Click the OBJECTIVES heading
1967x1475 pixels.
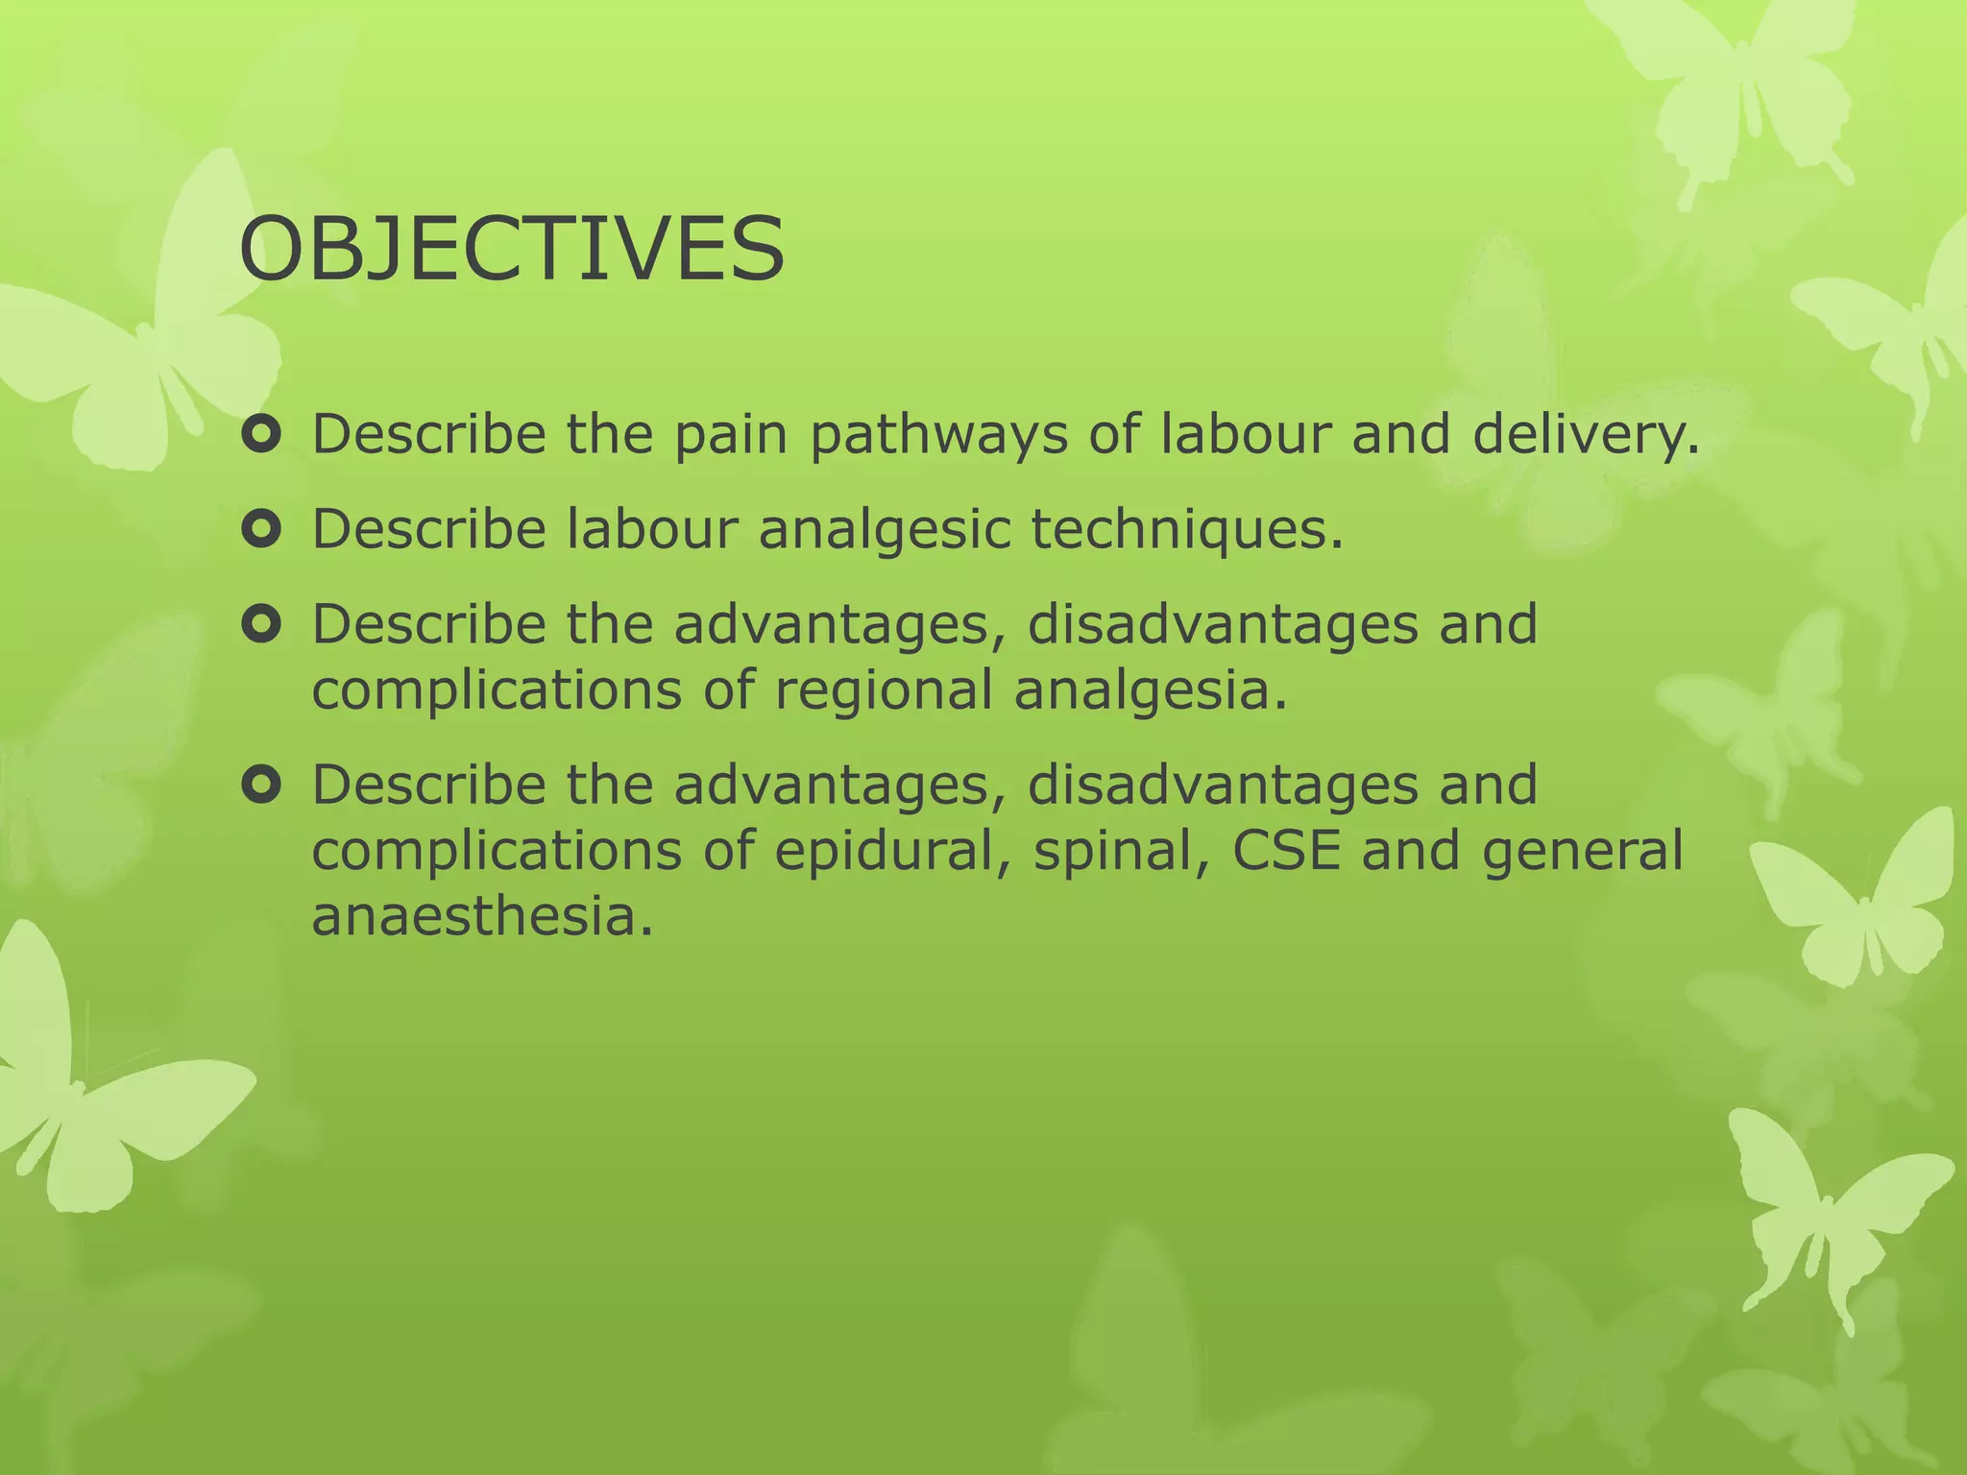point(512,251)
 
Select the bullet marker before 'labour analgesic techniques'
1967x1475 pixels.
point(260,530)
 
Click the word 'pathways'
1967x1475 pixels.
point(938,435)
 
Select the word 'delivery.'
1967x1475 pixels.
point(1586,435)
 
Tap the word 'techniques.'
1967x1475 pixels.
point(1187,529)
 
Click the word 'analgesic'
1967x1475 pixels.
point(885,529)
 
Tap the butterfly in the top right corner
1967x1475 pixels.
point(1729,86)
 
